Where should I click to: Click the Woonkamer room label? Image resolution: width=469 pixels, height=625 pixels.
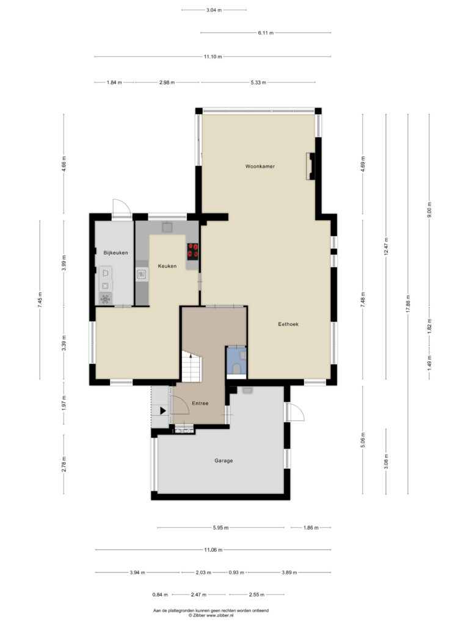tap(260, 166)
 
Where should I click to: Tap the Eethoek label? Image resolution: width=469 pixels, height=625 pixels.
tap(288, 324)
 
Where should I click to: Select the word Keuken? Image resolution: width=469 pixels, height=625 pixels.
tap(167, 266)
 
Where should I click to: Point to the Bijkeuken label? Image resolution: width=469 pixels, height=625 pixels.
tap(115, 253)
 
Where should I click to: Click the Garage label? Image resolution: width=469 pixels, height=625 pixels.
tap(224, 460)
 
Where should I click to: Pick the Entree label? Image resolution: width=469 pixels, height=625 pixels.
tap(200, 403)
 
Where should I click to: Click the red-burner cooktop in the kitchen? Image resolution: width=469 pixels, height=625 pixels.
tap(192, 251)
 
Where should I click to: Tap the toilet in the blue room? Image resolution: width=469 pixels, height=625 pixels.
tap(237, 369)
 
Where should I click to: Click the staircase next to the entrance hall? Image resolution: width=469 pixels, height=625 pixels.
tap(192, 366)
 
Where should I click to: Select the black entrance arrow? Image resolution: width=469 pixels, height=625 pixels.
tap(163, 411)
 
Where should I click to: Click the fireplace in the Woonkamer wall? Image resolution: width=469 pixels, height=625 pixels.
tap(310, 166)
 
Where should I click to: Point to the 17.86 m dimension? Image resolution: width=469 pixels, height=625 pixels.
tap(407, 304)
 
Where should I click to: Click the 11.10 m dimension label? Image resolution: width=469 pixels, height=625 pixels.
tap(213, 57)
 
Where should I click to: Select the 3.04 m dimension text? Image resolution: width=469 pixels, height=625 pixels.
tap(214, 10)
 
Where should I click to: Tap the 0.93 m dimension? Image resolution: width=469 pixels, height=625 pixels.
tap(236, 573)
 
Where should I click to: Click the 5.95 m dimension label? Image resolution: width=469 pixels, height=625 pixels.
tap(220, 528)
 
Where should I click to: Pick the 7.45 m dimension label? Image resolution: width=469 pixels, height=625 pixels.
tap(40, 300)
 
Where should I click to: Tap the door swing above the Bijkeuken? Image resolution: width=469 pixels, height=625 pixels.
tap(122, 208)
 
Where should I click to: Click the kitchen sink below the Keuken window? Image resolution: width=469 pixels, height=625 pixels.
tap(167, 227)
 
